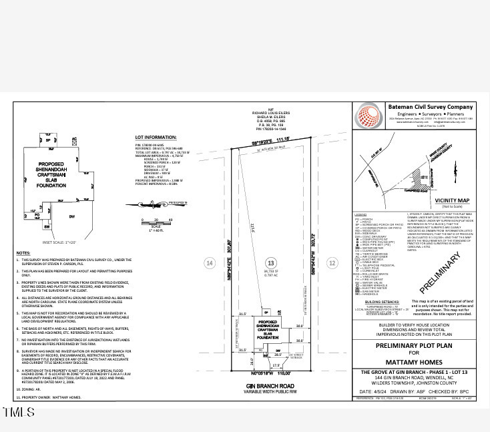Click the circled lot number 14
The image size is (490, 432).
click(210, 263)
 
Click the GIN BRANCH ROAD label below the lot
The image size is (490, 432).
click(271, 387)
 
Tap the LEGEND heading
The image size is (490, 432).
click(360, 214)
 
